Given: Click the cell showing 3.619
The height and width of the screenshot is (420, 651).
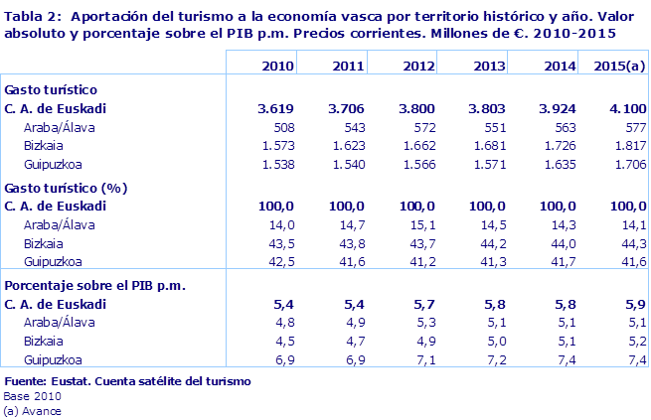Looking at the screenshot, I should point(275,108).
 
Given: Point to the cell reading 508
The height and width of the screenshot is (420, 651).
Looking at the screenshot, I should point(281,127).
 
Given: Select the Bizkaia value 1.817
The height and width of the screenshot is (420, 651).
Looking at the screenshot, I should point(629,146).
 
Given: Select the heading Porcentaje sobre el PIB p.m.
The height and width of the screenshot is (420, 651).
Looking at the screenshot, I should point(96,284).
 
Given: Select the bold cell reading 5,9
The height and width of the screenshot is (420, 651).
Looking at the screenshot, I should point(636,303).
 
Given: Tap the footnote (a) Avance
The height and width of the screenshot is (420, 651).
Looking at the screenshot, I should point(33,410).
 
